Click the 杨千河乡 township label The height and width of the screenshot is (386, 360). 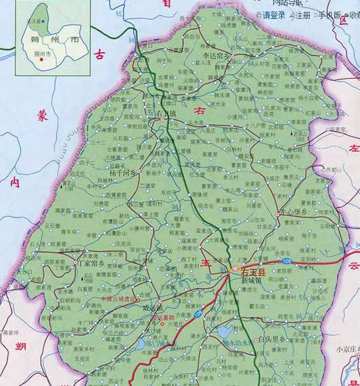click(124, 173)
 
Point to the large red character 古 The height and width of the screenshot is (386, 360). click(101, 52)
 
